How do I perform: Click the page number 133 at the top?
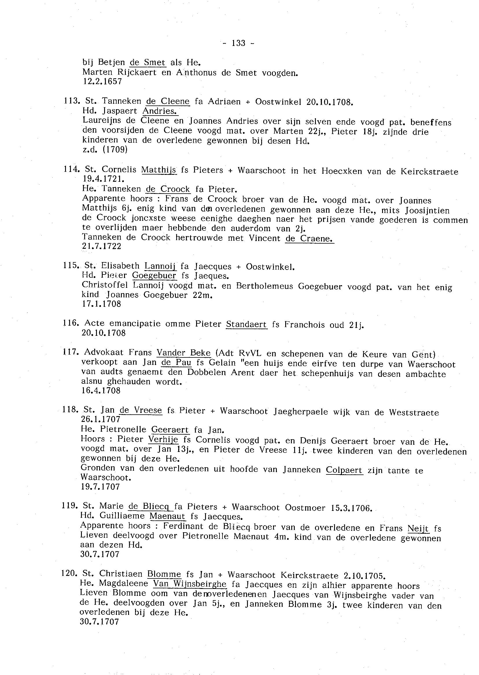coord(239,43)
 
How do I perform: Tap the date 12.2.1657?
coord(102,81)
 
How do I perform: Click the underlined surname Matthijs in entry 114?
coord(159,170)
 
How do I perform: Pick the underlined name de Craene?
coord(309,238)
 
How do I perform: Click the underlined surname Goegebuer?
coord(154,275)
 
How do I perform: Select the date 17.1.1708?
coord(102,304)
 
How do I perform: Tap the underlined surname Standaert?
coord(246,324)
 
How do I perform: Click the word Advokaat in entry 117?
coord(103,352)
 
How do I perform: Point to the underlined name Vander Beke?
coord(183,353)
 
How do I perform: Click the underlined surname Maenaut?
coord(167,516)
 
